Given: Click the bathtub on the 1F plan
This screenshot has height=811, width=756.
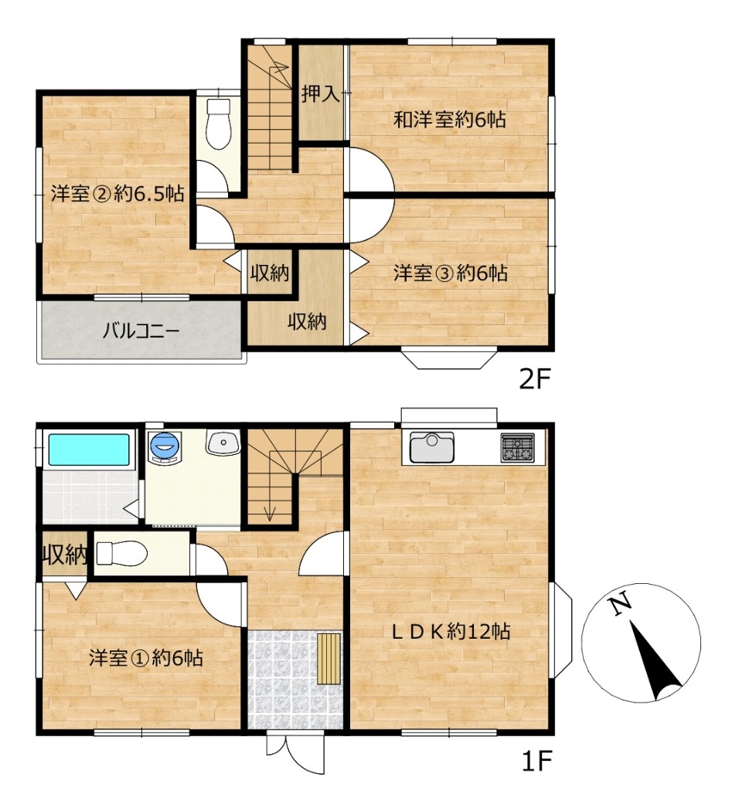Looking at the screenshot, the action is pyautogui.click(x=89, y=450).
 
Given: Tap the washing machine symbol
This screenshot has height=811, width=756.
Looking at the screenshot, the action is pyautogui.click(x=165, y=446).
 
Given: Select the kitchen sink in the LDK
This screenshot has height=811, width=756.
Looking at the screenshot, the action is pyautogui.click(x=432, y=447).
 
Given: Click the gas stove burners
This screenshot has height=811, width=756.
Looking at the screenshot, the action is pyautogui.click(x=517, y=449).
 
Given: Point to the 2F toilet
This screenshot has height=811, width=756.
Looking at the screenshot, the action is pyautogui.click(x=219, y=124).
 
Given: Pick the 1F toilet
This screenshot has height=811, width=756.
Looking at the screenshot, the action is pyautogui.click(x=121, y=554).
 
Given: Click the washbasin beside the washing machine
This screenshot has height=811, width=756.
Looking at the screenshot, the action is pyautogui.click(x=223, y=443).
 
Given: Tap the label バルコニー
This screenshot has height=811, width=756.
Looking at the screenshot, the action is pyautogui.click(x=141, y=330).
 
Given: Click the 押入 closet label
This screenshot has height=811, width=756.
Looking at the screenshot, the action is pyautogui.click(x=321, y=94).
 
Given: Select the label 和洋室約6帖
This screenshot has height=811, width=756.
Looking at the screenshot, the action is pyautogui.click(x=449, y=120).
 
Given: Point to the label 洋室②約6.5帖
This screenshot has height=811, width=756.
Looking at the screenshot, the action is pyautogui.click(x=117, y=194).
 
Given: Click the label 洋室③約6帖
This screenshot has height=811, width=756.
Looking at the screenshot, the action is pyautogui.click(x=450, y=273).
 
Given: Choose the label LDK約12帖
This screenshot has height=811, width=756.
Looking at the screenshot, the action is pyautogui.click(x=449, y=632).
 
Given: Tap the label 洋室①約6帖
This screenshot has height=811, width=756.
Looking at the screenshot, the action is pyautogui.click(x=145, y=658).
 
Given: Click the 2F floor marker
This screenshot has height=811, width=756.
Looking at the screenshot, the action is pyautogui.click(x=534, y=380).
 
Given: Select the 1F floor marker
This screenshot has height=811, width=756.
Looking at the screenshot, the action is pyautogui.click(x=536, y=761).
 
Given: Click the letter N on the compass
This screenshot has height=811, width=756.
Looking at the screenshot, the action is pyautogui.click(x=620, y=603).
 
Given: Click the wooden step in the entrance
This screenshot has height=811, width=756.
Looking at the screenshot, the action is pyautogui.click(x=329, y=658).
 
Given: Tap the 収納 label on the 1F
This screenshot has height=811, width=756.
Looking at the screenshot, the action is pyautogui.click(x=65, y=555).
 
